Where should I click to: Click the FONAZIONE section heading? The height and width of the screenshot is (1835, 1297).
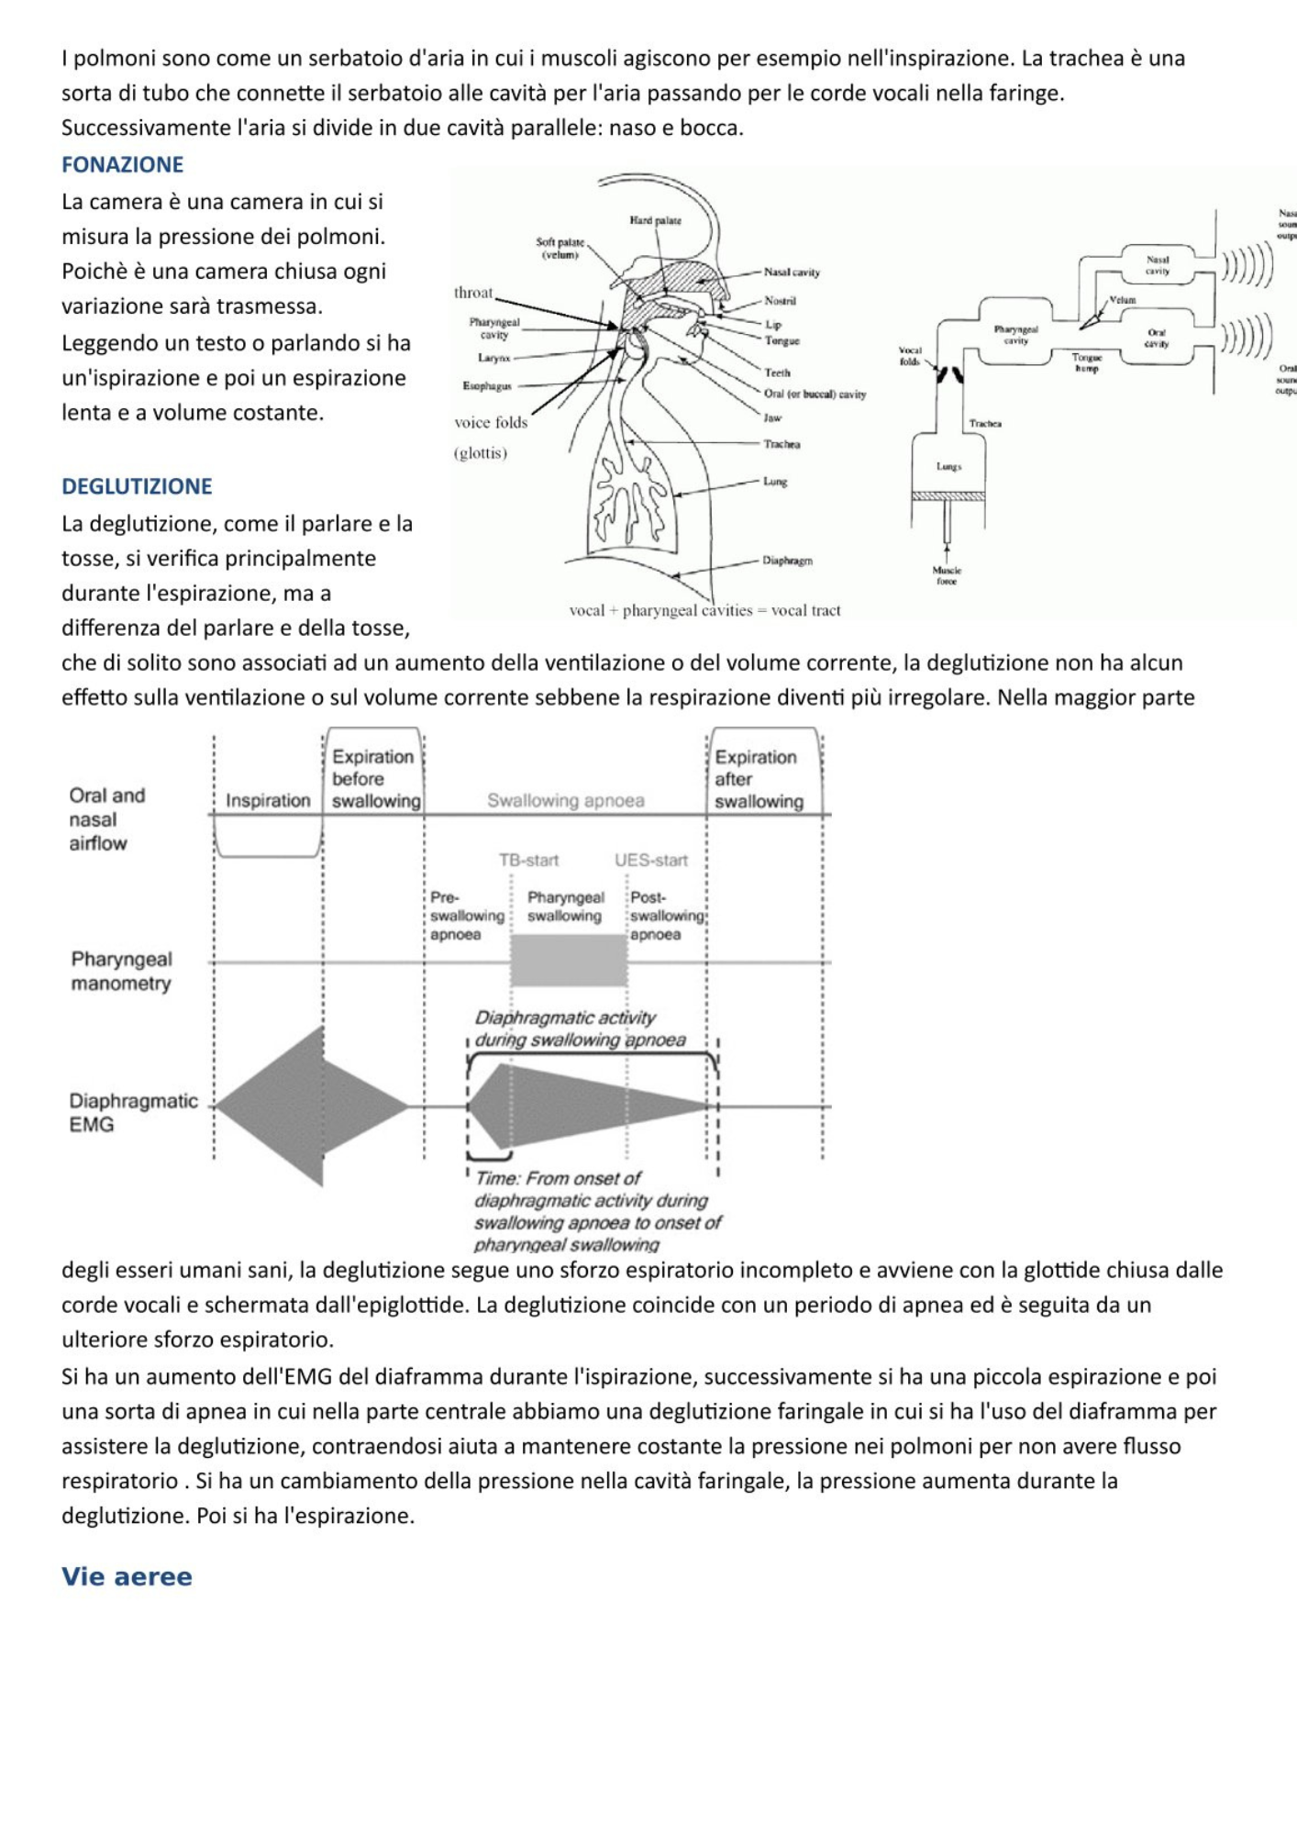[122, 164]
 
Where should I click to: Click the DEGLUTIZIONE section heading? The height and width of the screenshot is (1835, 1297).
[137, 486]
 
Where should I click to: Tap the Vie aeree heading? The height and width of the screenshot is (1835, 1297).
[127, 1576]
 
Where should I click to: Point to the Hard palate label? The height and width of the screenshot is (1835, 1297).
[655, 220]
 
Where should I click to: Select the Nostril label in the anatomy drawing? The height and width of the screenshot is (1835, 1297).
[780, 301]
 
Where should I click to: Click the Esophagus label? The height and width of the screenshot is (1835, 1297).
[486, 386]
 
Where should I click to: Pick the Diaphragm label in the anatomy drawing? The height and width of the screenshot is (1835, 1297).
[787, 560]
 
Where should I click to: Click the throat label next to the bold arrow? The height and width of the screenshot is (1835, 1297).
[473, 293]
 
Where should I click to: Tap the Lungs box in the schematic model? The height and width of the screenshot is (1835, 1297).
[948, 466]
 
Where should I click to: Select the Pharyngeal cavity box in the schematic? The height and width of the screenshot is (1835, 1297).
[1015, 334]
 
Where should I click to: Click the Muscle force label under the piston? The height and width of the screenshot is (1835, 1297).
[947, 575]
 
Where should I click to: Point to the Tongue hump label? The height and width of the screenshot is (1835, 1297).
[1087, 362]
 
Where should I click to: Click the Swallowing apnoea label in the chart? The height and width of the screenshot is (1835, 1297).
[565, 800]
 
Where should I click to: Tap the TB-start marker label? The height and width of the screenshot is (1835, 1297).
[528, 860]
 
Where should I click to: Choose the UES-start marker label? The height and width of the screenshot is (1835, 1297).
[650, 860]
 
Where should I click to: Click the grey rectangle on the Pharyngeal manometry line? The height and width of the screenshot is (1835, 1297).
[568, 961]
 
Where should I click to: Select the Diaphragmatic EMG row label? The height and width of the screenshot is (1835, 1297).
[132, 1112]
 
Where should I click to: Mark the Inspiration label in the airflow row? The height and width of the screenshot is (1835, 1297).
[268, 800]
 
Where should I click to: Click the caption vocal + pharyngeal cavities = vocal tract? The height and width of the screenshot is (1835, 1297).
[704, 610]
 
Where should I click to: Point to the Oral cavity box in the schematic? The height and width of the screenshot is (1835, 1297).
[1157, 339]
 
